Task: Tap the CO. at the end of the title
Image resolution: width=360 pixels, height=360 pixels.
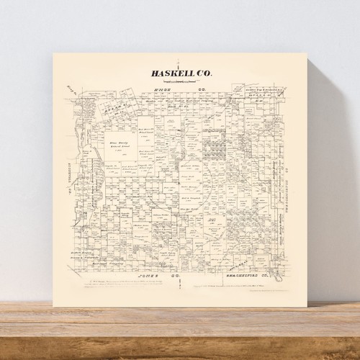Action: point(204,73)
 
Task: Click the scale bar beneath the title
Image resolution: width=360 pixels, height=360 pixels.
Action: point(180,81)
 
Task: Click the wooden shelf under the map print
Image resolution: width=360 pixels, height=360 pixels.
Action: point(180,324)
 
